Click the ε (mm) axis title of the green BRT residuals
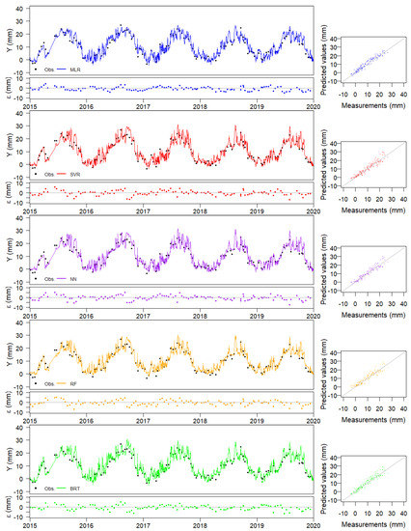[6, 505]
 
